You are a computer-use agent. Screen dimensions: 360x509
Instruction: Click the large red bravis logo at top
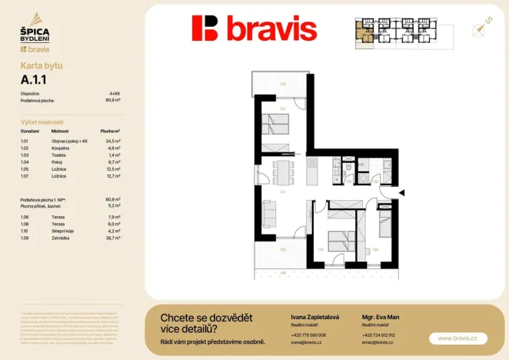click(254, 28)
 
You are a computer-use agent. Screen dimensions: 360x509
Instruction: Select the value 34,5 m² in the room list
click(113, 142)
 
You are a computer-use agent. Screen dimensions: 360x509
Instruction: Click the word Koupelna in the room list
click(60, 148)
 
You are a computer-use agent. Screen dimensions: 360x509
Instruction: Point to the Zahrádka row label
click(60, 239)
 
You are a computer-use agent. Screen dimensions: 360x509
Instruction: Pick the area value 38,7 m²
click(113, 239)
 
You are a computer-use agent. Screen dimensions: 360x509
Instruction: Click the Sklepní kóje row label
click(62, 232)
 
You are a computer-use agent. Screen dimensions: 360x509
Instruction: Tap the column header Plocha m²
click(111, 132)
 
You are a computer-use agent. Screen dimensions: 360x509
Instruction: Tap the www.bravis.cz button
click(457, 338)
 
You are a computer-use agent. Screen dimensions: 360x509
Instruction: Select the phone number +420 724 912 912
click(378, 335)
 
